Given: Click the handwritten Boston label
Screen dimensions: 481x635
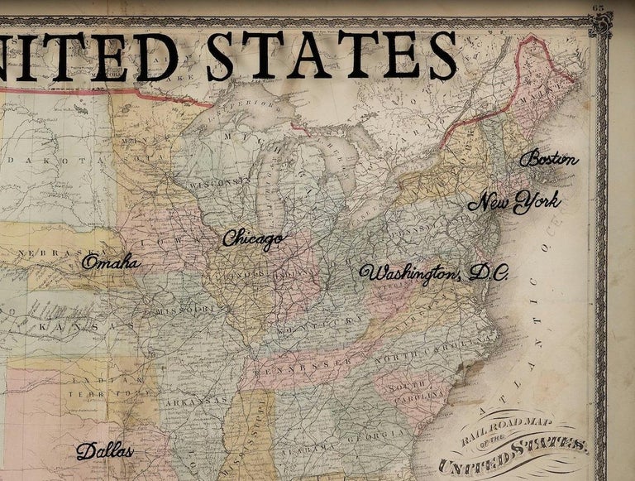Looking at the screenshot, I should coord(549,159).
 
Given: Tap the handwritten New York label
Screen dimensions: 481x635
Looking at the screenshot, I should coord(513,201).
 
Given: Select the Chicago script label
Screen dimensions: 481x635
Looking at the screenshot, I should coord(252,238).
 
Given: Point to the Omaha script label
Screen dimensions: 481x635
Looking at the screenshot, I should coord(111,262).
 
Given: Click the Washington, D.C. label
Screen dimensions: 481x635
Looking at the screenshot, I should coord(433,273).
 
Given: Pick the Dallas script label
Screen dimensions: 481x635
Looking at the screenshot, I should coord(104,451).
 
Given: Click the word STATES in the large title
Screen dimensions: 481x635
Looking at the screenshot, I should coord(331,56).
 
